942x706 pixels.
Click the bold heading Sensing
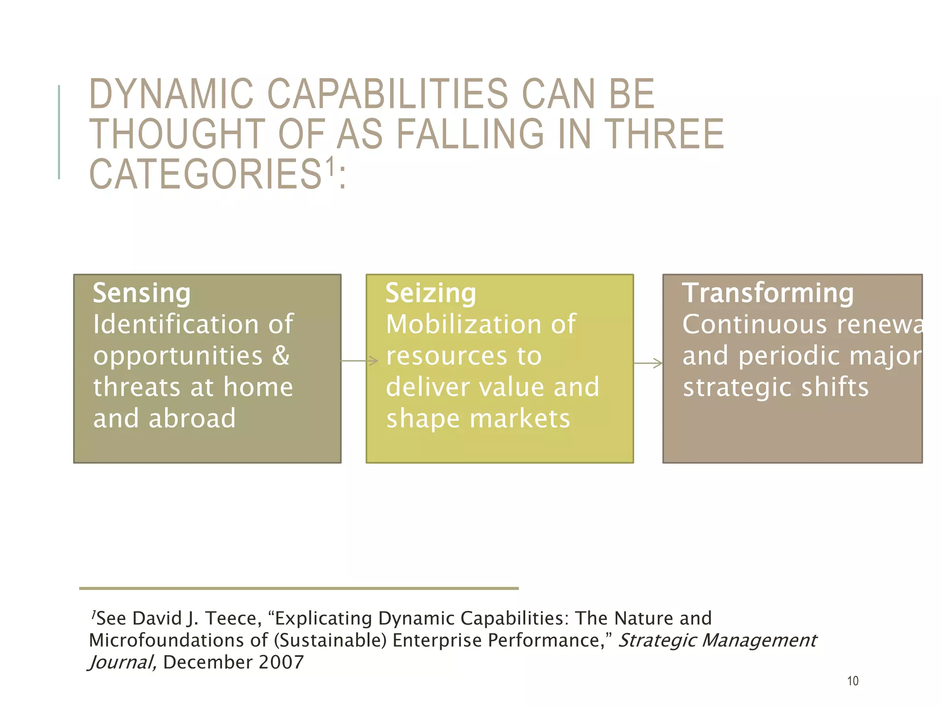(142, 293)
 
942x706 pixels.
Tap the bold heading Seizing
(431, 293)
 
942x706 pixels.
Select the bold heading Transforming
(768, 293)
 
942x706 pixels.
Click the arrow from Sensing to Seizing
(360, 361)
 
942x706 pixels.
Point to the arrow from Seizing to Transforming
(648, 363)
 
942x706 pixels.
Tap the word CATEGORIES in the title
(205, 174)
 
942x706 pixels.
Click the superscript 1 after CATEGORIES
(329, 166)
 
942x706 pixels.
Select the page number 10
(853, 681)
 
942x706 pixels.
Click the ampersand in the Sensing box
(281, 356)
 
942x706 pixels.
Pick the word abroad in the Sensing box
(192, 418)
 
